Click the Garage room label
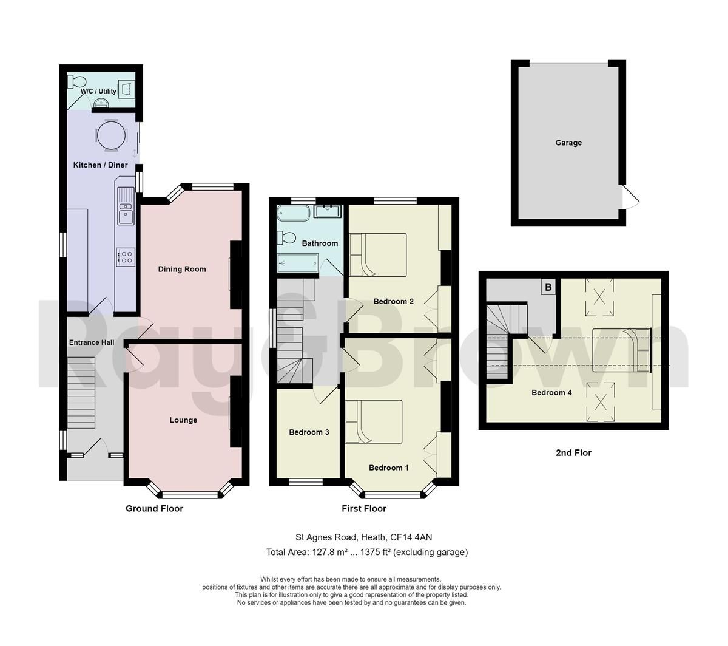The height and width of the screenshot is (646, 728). click(x=568, y=143)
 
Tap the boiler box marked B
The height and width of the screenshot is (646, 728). click(x=548, y=287)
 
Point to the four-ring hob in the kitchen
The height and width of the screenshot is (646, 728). click(x=126, y=257)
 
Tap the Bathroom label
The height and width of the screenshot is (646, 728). click(x=320, y=243)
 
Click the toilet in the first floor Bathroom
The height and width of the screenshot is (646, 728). click(x=287, y=237)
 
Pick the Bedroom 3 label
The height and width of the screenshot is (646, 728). click(x=309, y=432)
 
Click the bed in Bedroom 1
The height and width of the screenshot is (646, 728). click(x=374, y=421)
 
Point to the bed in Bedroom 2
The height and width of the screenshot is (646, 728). click(x=377, y=254)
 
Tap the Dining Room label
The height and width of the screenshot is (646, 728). click(x=182, y=269)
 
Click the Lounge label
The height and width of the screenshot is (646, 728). click(x=183, y=420)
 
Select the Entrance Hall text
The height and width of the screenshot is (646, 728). click(x=92, y=342)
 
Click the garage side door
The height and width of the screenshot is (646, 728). click(x=630, y=197)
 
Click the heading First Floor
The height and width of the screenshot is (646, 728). click(x=364, y=509)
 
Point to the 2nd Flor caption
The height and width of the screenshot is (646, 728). click(x=573, y=452)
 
